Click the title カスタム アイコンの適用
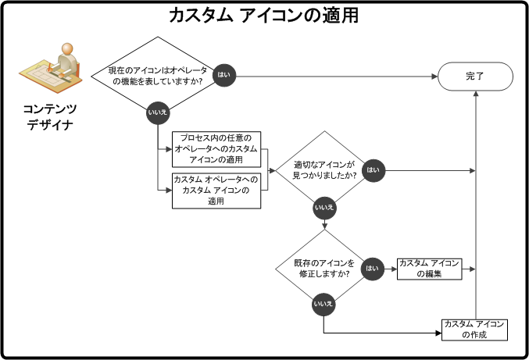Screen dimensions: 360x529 (263, 15)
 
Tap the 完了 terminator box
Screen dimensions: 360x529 (475, 76)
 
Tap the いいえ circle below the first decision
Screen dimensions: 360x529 (155, 114)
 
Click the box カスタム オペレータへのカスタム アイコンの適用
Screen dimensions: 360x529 (217, 190)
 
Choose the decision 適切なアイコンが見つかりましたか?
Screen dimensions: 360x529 (324, 170)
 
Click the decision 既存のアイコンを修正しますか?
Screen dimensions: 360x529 (324, 268)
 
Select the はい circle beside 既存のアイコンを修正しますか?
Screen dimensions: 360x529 (373, 268)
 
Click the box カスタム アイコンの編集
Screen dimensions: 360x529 (430, 268)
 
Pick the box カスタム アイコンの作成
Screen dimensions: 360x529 (474, 329)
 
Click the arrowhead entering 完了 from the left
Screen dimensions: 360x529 (434, 76)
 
